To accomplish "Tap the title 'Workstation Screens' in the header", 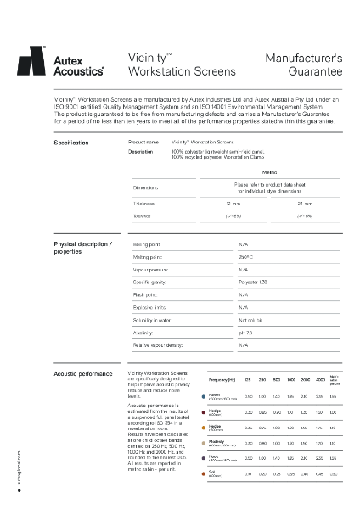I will pyautogui.click(x=176, y=74).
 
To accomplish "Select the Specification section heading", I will pyautogui.click(x=71, y=143).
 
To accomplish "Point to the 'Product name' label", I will pyautogui.click(x=143, y=143).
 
